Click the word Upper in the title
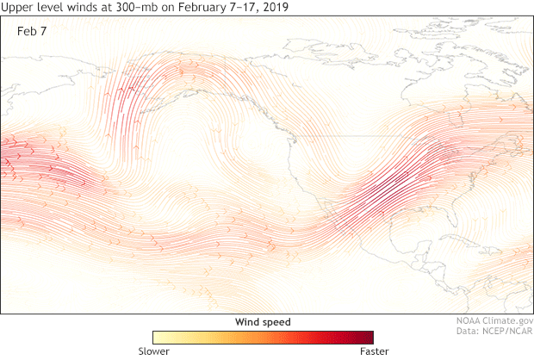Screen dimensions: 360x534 tap(16, 7)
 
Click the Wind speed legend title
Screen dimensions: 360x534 tap(263, 321)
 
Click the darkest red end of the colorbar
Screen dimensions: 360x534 tap(369, 337)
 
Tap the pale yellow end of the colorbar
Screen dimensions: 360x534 tap(158, 337)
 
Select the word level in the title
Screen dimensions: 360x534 tap(47, 7)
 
